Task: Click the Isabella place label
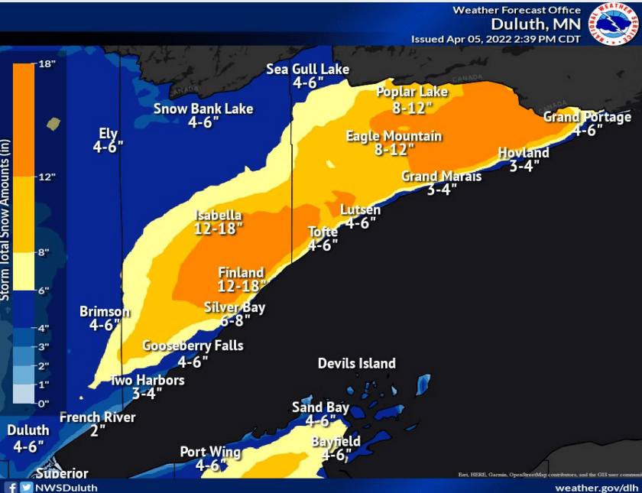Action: click(219, 216)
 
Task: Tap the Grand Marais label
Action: click(442, 177)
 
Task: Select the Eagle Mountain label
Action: click(394, 136)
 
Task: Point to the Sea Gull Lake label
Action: click(307, 70)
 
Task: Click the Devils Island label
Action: click(357, 363)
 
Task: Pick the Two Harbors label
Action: click(148, 380)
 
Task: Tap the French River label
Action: click(97, 417)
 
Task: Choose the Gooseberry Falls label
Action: click(193, 345)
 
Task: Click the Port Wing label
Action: click(210, 452)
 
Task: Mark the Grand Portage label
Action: click(587, 117)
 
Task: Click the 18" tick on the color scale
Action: click(47, 64)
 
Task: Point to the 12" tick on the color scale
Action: click(47, 177)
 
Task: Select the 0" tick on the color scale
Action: click(44, 403)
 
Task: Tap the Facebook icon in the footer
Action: click(11, 487)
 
